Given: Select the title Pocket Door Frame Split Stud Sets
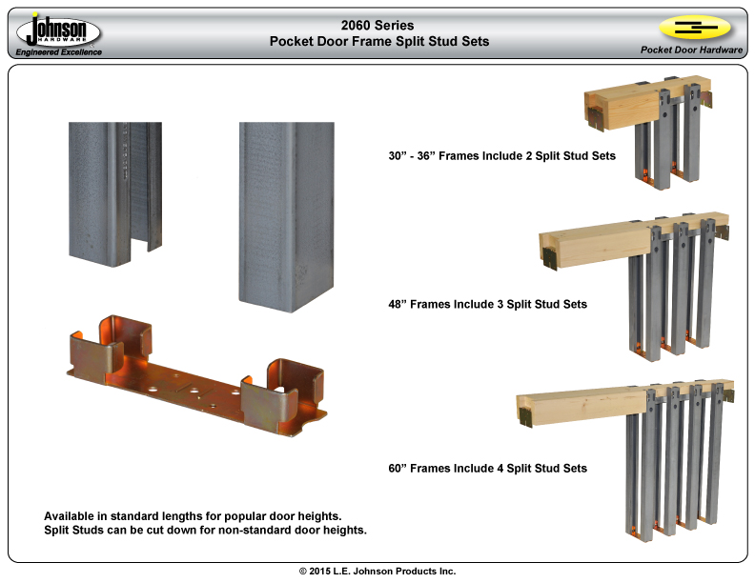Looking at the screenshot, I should pos(378,42).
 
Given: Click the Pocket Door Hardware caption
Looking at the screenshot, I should pos(691,50).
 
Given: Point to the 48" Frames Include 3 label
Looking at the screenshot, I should pos(487,304).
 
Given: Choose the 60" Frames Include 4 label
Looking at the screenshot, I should pos(487,468).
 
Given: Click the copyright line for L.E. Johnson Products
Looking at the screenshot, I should pos(377,572).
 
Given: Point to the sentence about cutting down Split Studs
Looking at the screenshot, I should pos(205,530).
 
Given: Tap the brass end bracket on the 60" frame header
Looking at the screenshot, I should pos(527,415).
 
